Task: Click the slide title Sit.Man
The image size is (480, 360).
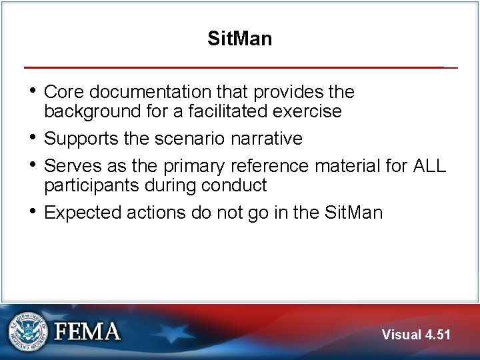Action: coord(239,39)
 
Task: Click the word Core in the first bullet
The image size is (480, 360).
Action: coord(63,91)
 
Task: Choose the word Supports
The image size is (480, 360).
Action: coord(81,139)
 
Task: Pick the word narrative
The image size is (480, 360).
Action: coord(266,139)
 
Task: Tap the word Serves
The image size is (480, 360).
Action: coord(70,165)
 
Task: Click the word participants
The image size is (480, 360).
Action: coord(88,185)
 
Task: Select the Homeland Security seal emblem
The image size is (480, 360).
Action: coord(29,331)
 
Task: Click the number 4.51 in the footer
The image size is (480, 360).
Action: coord(437,334)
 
